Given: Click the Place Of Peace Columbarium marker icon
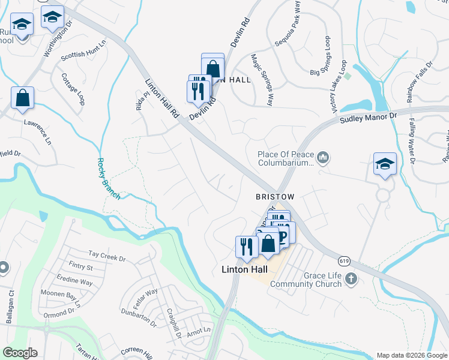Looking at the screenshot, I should point(323,158).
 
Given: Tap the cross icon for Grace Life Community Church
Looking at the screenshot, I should point(351,278).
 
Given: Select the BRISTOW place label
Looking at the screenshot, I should point(275,197).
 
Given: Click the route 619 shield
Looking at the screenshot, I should point(343,260).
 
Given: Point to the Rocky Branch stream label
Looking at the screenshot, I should point(109,178).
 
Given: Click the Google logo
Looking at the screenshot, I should point(19,352).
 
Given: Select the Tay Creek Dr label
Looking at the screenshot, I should point(106,257).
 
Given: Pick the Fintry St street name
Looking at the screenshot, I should point(80,267).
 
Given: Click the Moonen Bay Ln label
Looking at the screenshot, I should point(60,296).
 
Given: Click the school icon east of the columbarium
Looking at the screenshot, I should point(384,164).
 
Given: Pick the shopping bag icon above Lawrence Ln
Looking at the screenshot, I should point(22,98).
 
